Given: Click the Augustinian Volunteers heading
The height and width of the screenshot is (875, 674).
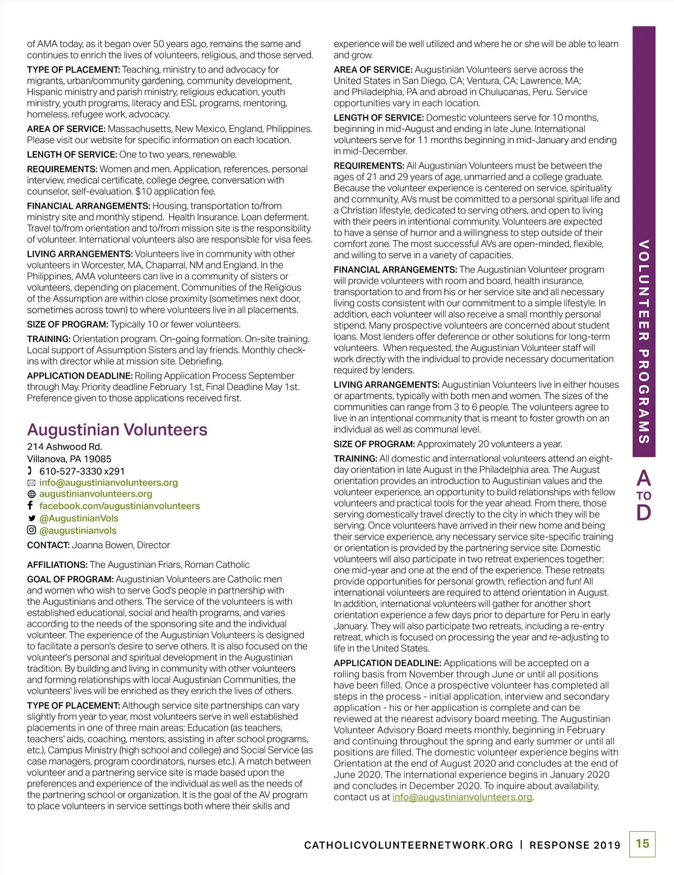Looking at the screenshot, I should [x=117, y=430].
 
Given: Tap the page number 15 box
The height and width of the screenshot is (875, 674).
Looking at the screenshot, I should [x=642, y=844].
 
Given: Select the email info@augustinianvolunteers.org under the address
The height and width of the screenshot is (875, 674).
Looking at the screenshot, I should [x=108, y=482].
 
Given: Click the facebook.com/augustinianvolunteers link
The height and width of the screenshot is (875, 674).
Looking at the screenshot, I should [x=119, y=506].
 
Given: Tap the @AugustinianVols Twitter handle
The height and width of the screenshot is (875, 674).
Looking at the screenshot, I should [x=79, y=518].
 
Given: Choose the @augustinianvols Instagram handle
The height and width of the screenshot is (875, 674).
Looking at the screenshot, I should [x=78, y=531].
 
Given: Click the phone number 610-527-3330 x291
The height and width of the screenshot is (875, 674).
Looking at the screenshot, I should [x=82, y=471].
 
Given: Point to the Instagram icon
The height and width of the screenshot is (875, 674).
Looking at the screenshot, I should [x=31, y=530].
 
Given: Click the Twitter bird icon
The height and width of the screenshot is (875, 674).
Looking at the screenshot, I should [x=31, y=518].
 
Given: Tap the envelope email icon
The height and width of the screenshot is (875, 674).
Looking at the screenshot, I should [x=31, y=483].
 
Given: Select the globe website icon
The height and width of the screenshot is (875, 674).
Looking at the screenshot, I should [x=31, y=494].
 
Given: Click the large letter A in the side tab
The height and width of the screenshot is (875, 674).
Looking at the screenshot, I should [x=644, y=478].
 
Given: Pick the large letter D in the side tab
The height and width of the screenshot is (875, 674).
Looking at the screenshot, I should [x=644, y=512].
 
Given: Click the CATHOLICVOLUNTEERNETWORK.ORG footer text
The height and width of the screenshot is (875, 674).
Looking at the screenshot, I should [x=408, y=845].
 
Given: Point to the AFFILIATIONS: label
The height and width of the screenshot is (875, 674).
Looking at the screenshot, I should [x=57, y=565].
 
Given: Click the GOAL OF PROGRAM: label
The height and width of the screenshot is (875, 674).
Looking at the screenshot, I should [x=70, y=579].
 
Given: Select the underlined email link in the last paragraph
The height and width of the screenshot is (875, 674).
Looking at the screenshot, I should [x=462, y=797].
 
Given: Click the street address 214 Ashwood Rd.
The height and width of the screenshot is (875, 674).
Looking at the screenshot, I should [x=65, y=447].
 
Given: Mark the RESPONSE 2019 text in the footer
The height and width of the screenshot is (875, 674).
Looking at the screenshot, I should [x=575, y=845].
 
